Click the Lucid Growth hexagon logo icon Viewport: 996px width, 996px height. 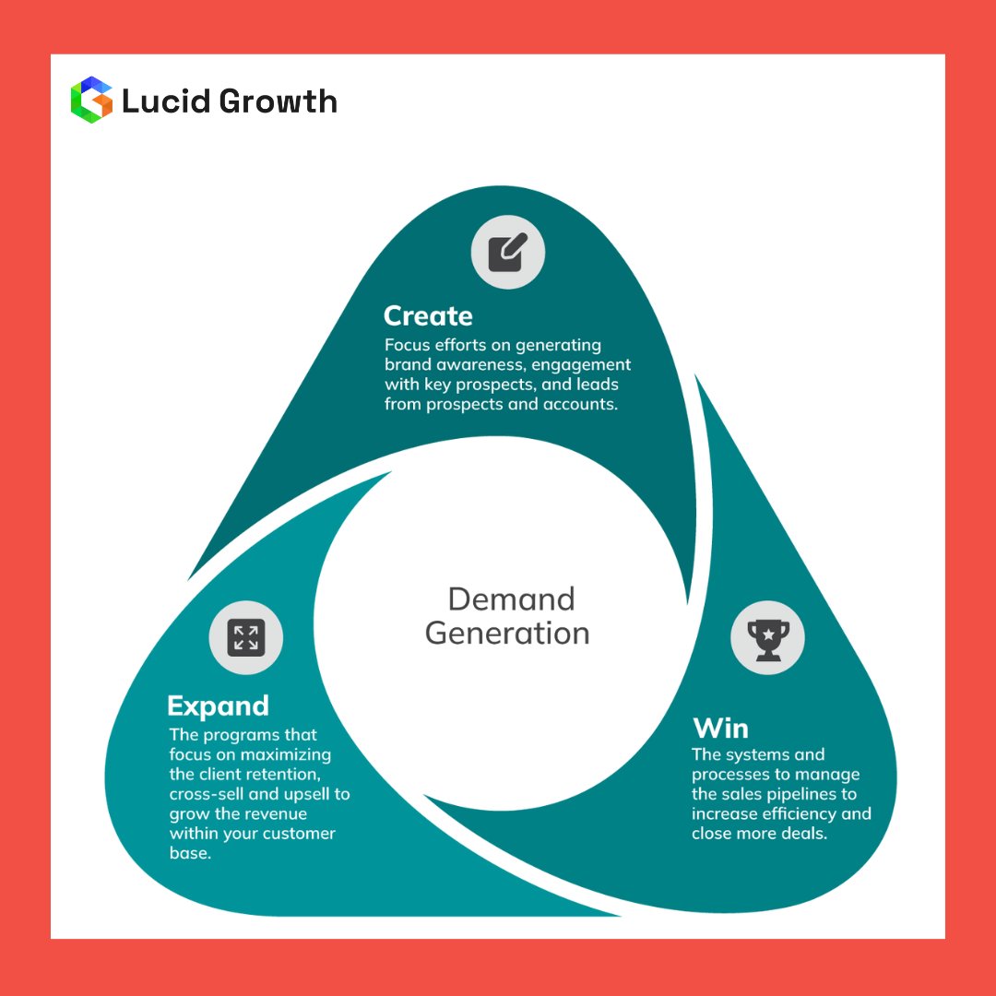(x=90, y=100)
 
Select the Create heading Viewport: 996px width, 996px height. (x=428, y=316)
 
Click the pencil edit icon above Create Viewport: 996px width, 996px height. (x=508, y=252)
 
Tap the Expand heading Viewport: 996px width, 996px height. (x=219, y=706)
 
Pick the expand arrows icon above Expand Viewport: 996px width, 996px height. (x=246, y=637)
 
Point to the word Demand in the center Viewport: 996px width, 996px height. (x=511, y=599)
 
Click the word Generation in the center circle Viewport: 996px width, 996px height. (x=507, y=634)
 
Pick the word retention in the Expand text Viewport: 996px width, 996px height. (x=292, y=775)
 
